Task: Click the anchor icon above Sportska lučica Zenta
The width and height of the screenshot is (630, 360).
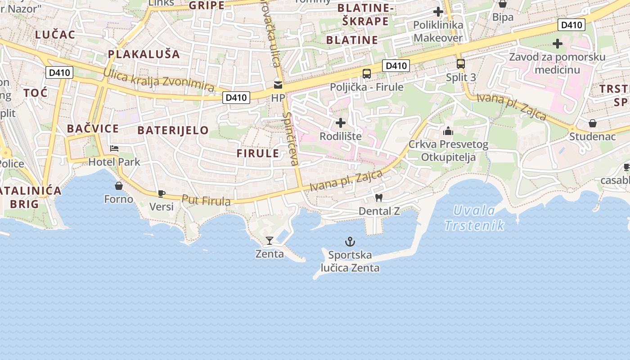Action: [x=350, y=242]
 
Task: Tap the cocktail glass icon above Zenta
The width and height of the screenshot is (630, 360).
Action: [x=269, y=241]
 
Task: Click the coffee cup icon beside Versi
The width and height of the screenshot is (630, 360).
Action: [x=161, y=194]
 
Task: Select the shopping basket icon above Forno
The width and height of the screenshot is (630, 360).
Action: [x=119, y=186]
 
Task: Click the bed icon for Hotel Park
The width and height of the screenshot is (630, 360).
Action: [x=114, y=148]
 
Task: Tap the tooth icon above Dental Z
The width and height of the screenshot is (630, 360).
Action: [x=379, y=198]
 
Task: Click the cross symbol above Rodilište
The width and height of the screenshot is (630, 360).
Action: [x=341, y=122]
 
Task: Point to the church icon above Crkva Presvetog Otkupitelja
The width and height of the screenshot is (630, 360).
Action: [x=448, y=131]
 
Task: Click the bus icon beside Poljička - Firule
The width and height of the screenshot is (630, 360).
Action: [x=367, y=74]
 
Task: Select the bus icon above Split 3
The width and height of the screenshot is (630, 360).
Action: [x=460, y=64]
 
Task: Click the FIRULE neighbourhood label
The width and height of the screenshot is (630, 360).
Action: [x=258, y=153]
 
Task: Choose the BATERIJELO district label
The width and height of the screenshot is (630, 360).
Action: [x=173, y=130]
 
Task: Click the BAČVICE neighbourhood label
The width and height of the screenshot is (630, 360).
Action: [x=93, y=129]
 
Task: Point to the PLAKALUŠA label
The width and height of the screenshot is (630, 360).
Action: [x=144, y=54]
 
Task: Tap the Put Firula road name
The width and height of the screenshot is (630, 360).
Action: [x=206, y=200]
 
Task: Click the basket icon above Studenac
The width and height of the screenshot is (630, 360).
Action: [x=593, y=123]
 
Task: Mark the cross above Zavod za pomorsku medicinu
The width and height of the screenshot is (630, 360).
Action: [x=558, y=44]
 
